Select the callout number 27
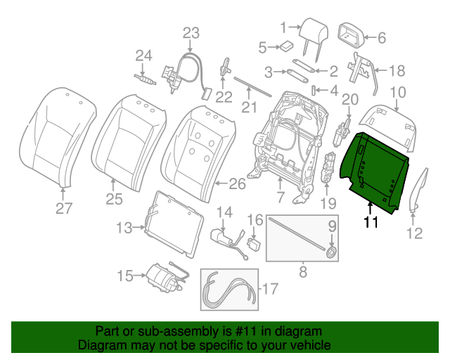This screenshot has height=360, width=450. [x=64, y=207]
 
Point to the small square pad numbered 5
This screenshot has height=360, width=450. [x=287, y=47]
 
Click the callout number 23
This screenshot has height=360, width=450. [x=191, y=32]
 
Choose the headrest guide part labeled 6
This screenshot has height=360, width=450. [x=351, y=34]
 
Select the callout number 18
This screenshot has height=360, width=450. [x=397, y=70]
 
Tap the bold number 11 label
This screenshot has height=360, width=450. [x=371, y=223]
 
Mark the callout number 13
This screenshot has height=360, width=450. [x=124, y=227]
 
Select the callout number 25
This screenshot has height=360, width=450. [x=115, y=200]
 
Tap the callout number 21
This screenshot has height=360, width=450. [x=246, y=107]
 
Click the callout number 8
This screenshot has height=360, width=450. [x=303, y=269]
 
